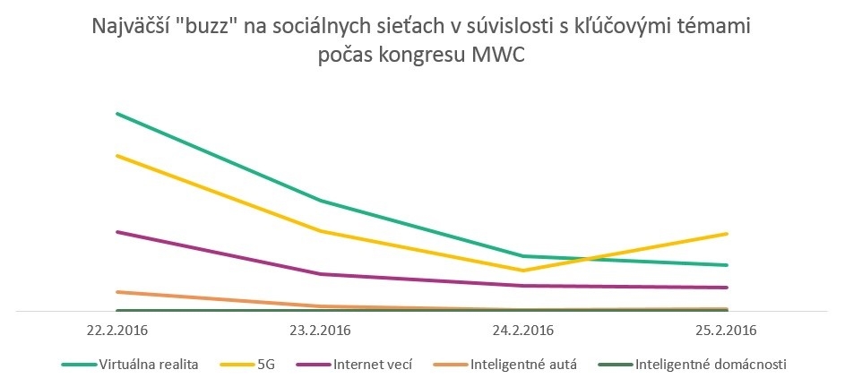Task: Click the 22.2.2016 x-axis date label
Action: click(116, 330)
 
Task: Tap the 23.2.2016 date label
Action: click(320, 330)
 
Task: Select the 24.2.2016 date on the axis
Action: click(523, 330)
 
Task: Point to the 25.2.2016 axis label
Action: click(727, 330)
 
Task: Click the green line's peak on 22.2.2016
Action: click(117, 114)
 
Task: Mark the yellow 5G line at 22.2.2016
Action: click(117, 156)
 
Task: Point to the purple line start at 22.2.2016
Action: click(117, 232)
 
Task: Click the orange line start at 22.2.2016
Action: click(117, 292)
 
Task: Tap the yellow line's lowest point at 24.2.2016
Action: click(523, 270)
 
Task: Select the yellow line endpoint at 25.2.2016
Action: click(727, 234)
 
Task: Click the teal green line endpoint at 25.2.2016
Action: click(727, 265)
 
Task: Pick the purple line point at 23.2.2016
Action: click(320, 274)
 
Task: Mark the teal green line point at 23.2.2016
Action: click(320, 201)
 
